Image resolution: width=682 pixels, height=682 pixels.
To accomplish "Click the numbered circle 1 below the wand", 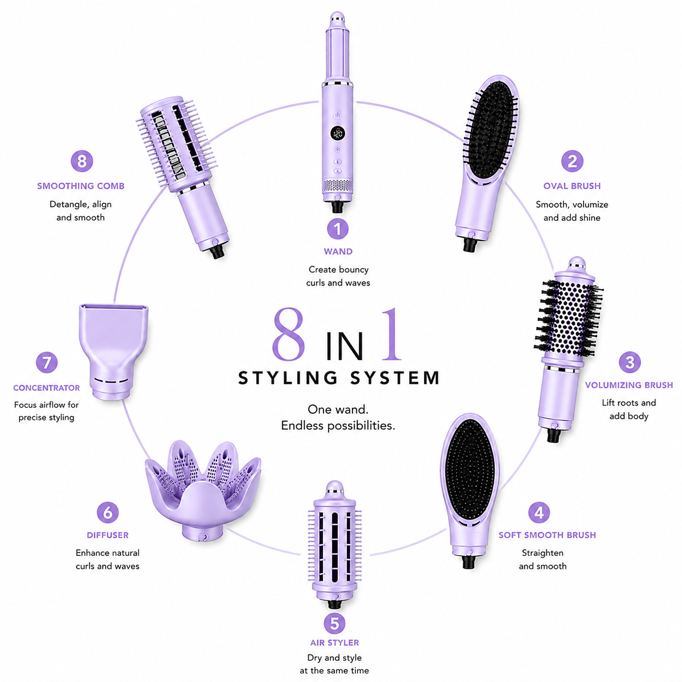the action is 337,229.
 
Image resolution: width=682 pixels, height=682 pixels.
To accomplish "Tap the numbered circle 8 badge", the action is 82,162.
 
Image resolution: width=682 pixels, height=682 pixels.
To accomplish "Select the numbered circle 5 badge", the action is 334,623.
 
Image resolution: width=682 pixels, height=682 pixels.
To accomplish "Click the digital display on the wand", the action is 338,133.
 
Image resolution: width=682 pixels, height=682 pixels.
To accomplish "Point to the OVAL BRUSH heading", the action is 572,186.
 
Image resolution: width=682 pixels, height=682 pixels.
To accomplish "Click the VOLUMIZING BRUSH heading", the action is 629,385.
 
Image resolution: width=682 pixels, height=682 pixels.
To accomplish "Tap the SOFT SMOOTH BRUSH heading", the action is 547,535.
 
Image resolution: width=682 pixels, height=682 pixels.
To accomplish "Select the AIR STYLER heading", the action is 334,643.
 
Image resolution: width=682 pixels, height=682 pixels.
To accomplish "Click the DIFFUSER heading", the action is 108,535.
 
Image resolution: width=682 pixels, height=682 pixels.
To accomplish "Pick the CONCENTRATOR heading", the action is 46,388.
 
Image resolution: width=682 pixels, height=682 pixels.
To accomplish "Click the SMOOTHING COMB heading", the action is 80,186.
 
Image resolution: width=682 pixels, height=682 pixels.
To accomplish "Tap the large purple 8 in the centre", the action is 288,334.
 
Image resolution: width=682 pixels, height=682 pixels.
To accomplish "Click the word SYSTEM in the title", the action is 395,377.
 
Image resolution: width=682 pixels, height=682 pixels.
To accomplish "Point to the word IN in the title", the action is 344,346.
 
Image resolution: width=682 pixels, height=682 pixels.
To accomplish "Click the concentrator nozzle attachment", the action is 113,352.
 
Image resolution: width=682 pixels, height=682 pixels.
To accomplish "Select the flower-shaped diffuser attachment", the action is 203,491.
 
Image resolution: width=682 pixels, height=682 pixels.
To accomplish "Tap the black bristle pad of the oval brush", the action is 491,129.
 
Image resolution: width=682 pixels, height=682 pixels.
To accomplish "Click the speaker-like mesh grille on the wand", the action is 337,186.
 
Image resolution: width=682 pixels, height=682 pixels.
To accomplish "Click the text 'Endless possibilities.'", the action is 338,426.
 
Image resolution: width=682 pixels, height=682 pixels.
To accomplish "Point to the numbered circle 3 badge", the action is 630,362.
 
